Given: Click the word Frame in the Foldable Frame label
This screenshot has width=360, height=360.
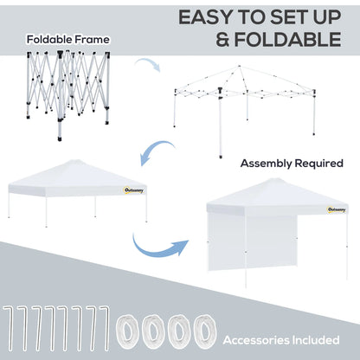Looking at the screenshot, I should click(x=93, y=40).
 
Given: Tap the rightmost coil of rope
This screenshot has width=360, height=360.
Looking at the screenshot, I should click(x=204, y=330).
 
